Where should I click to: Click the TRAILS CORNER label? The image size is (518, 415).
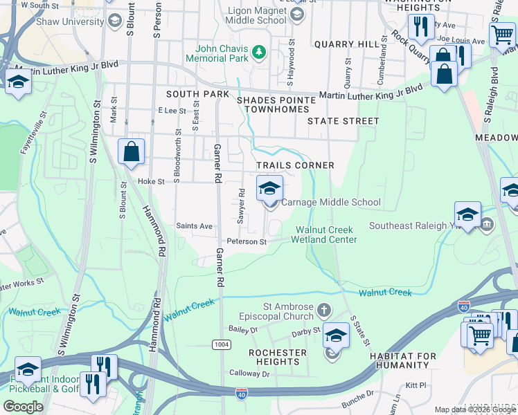click(x=295, y=165)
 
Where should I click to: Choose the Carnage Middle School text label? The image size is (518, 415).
click(x=331, y=203)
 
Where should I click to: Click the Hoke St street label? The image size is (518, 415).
click(x=150, y=181)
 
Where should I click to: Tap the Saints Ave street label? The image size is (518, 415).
click(x=194, y=225)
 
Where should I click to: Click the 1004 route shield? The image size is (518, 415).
click(x=220, y=344)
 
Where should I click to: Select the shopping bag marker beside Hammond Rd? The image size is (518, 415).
click(x=131, y=153)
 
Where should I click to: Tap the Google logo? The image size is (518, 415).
click(x=23, y=407)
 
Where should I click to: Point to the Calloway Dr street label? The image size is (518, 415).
click(x=250, y=373)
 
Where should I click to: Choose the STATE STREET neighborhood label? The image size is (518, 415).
click(x=343, y=121)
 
